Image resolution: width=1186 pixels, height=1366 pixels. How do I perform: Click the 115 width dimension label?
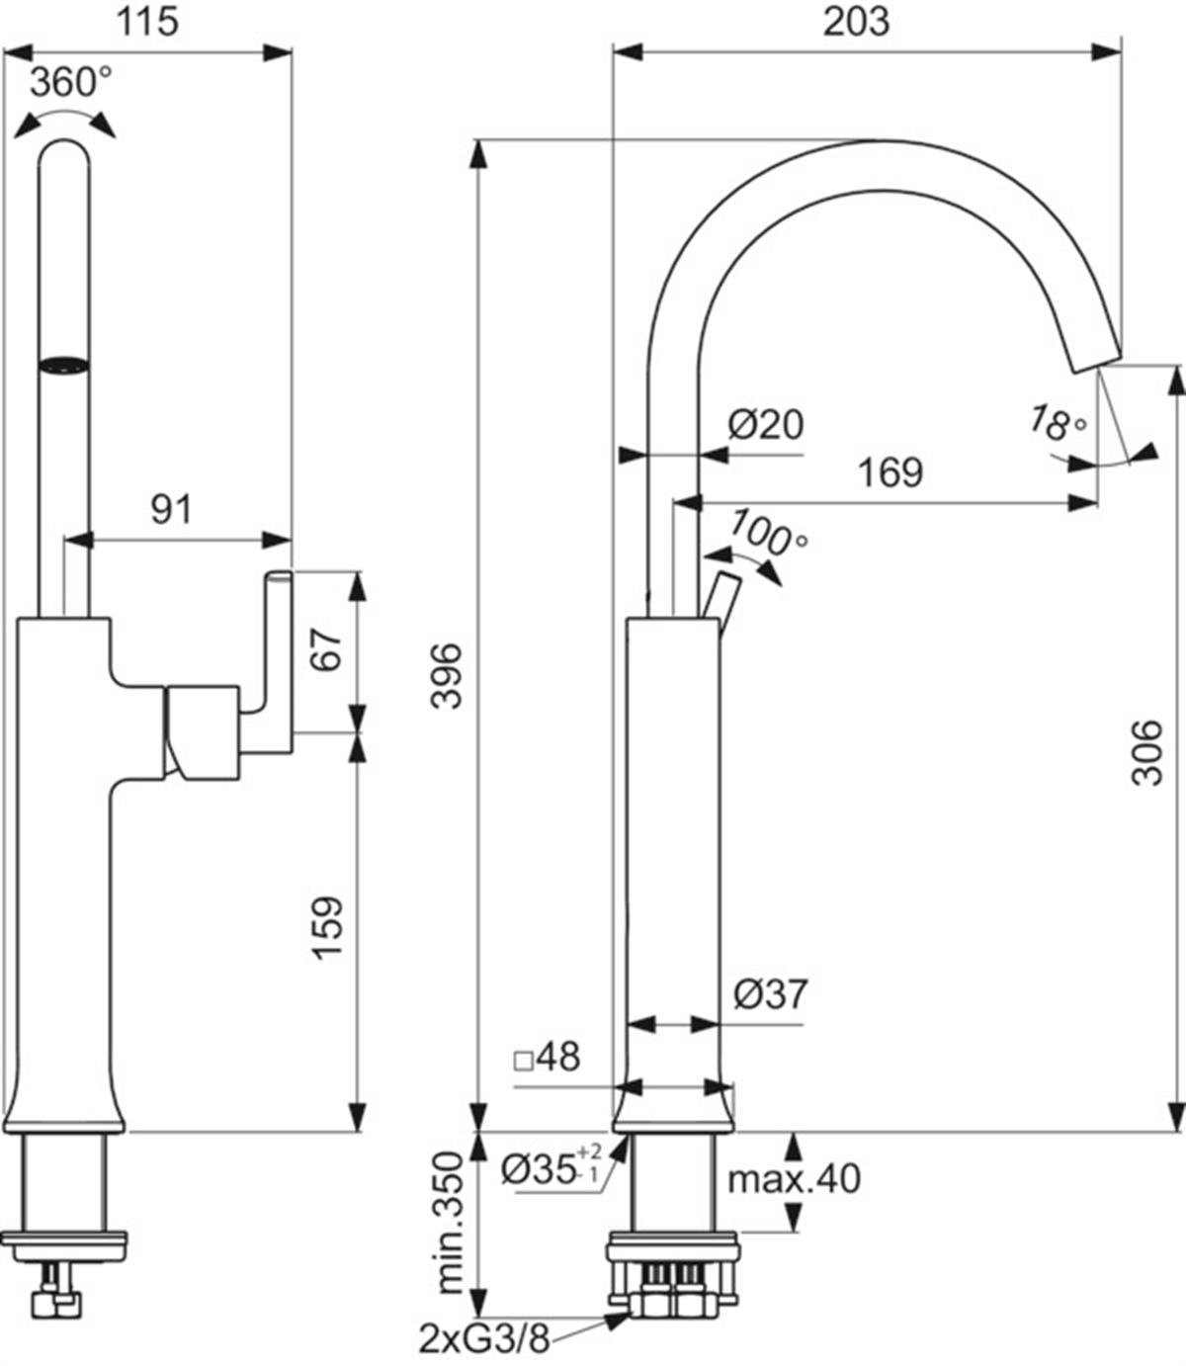[x=147, y=23]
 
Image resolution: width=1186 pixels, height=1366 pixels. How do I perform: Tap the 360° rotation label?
[x=71, y=82]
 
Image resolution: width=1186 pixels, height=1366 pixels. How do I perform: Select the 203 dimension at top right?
[x=856, y=23]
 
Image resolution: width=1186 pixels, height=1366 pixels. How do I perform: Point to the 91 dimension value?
[x=171, y=509]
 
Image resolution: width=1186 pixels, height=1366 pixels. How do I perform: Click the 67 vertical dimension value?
[x=327, y=649]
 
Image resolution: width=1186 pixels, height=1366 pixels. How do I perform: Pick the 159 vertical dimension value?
[x=328, y=928]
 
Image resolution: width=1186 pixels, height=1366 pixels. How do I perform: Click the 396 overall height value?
[x=446, y=676]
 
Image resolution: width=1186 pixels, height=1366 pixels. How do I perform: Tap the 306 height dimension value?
[x=1147, y=752]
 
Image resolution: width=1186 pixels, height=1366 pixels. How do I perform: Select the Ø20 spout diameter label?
[x=766, y=425]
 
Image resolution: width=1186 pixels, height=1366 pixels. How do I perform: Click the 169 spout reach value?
[x=891, y=472]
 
